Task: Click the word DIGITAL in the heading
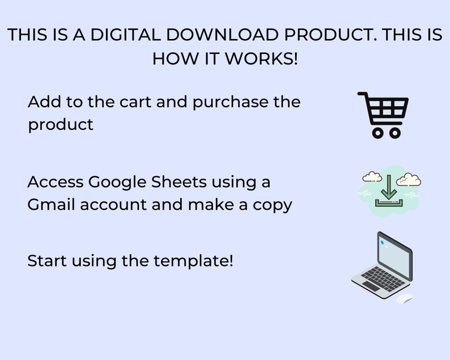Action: [x=125, y=35]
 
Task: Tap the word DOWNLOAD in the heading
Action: [x=222, y=35]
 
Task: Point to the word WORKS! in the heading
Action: [x=261, y=58]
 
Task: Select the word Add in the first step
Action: [x=44, y=101]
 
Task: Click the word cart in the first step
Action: [x=135, y=102]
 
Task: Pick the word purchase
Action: [x=230, y=103]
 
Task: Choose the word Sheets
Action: [x=179, y=182]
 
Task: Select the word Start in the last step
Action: [x=47, y=261]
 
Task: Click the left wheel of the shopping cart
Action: [x=378, y=133]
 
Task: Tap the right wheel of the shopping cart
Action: [x=395, y=133]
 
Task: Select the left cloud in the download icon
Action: [x=372, y=176]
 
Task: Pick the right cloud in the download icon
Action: [x=409, y=179]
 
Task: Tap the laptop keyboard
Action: [x=383, y=279]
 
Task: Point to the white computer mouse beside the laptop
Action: [x=405, y=299]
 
